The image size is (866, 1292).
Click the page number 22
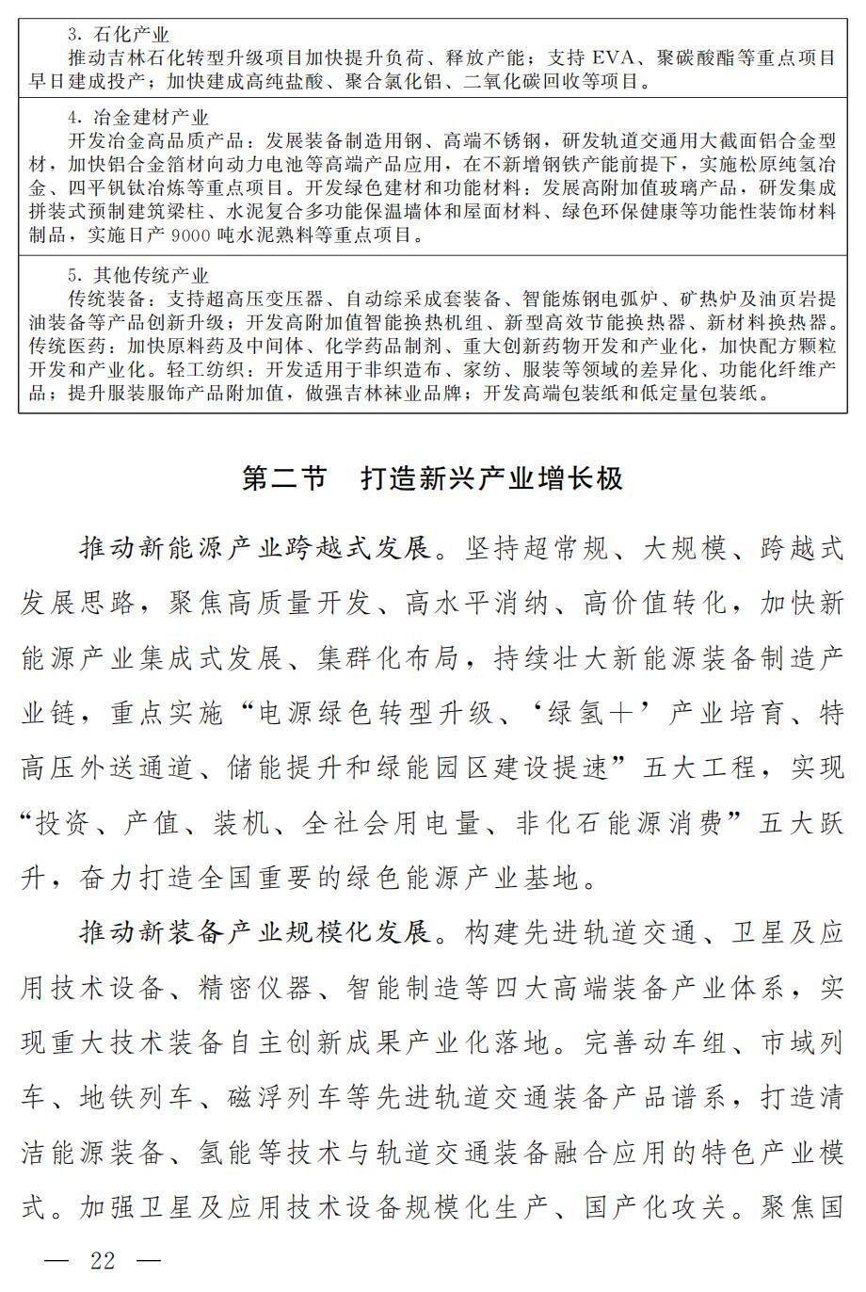click(103, 1260)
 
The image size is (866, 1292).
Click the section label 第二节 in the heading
click(283, 477)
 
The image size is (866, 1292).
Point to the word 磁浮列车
click(270, 1098)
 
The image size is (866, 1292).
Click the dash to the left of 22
click(57, 1260)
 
